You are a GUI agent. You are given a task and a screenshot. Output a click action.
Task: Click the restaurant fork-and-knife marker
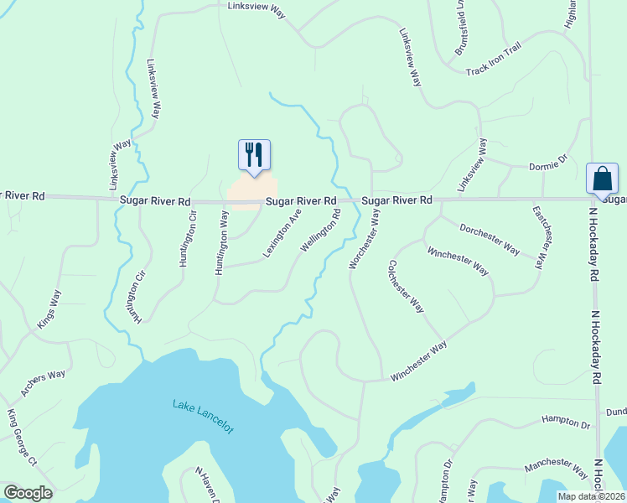(x=254, y=155)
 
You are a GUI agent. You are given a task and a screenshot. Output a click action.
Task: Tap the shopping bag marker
(x=602, y=179)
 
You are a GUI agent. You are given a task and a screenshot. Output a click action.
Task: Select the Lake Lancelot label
(x=204, y=416)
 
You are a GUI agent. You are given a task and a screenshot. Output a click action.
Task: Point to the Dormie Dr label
(x=548, y=167)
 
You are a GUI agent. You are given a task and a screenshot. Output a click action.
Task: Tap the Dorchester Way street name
(x=490, y=238)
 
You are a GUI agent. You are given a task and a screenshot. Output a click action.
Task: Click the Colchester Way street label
(x=406, y=287)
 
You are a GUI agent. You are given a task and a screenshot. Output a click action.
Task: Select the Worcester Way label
(x=365, y=240)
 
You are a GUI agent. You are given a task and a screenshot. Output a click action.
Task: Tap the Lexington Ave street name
(x=282, y=234)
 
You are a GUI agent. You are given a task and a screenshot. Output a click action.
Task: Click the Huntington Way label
(x=221, y=243)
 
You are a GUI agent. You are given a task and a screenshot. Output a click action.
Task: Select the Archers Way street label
(x=44, y=383)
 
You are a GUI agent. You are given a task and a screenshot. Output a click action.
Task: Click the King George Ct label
(x=23, y=438)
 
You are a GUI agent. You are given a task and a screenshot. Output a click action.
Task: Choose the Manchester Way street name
(x=556, y=468)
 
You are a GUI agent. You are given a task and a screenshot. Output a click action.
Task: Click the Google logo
(x=28, y=493)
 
